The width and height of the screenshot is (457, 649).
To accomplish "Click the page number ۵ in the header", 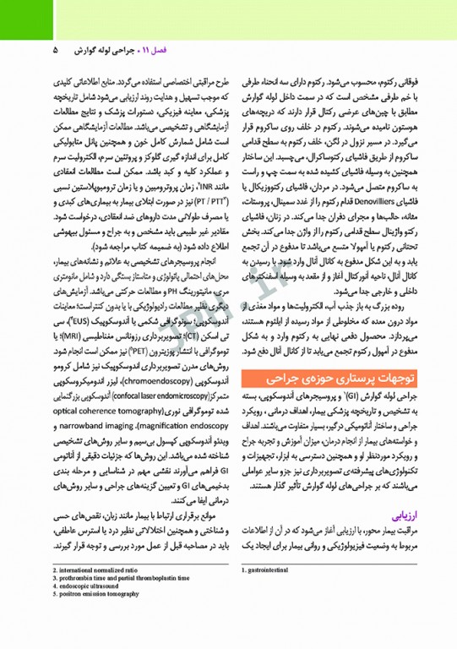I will tap(56, 50).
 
